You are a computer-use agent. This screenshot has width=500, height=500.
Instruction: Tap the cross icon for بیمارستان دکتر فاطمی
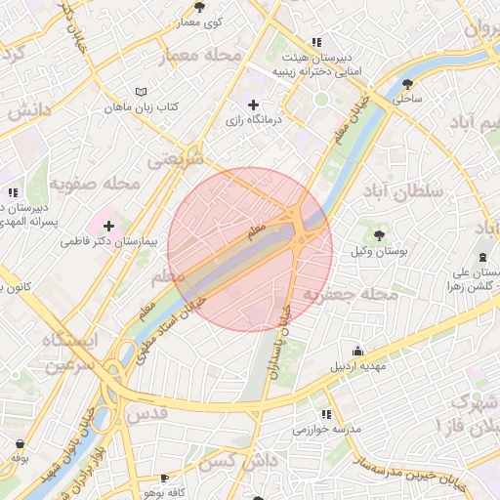pyautogui.click(x=122, y=226)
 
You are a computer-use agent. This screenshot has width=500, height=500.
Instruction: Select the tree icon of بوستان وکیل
pyautogui.click(x=379, y=234)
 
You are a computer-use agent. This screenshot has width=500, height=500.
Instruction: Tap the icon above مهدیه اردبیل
pyautogui.click(x=358, y=351)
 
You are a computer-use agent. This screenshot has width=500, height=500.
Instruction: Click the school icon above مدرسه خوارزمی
pyautogui.click(x=326, y=413)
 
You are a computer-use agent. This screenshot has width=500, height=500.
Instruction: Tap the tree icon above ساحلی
pyautogui.click(x=407, y=83)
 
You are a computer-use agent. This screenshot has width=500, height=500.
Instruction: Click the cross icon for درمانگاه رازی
pyautogui.click(x=254, y=104)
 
